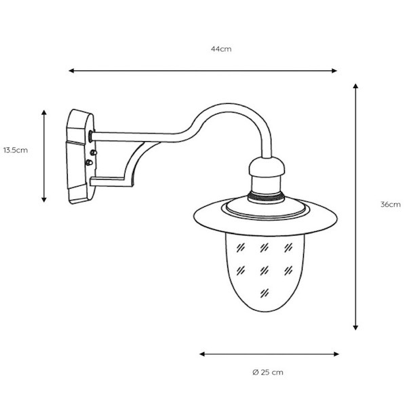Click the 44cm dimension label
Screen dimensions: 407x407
pos(221,49)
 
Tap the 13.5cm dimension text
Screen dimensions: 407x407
pos(16,150)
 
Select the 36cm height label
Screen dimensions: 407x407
pos(391,204)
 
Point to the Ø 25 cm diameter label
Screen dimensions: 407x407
pos(268,372)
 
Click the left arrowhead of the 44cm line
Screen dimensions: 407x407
pos(71,71)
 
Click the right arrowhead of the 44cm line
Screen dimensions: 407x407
pos(334,71)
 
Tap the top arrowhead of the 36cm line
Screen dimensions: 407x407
pos(355,86)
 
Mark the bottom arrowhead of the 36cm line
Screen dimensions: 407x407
pos(355,328)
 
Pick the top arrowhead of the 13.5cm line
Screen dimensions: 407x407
pos(44,113)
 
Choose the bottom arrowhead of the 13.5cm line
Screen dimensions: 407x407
pos(44,199)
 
